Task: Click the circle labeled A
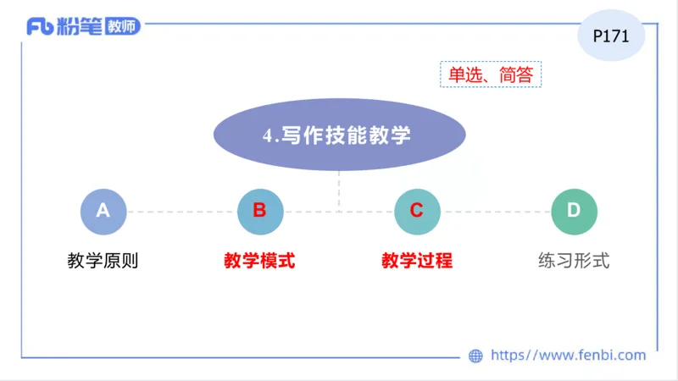(x=103, y=212)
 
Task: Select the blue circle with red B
(x=259, y=212)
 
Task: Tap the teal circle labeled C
(x=417, y=212)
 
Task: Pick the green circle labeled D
(x=574, y=212)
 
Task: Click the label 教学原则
(x=103, y=261)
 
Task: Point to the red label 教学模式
(x=259, y=261)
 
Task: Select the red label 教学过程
(x=417, y=261)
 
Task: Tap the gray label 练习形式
(x=574, y=261)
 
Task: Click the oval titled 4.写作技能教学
(x=339, y=135)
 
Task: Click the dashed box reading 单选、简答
(x=491, y=75)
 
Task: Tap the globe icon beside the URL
(x=475, y=356)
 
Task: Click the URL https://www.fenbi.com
(x=569, y=356)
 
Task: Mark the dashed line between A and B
(x=181, y=212)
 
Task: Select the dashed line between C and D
(x=495, y=212)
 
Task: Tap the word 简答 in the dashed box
(x=516, y=75)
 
